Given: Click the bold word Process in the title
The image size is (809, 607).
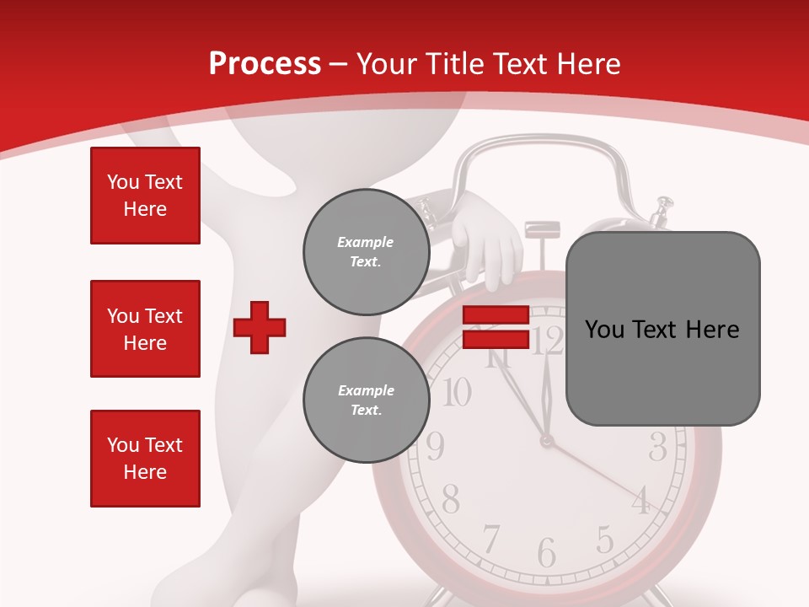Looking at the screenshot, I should coord(265,63).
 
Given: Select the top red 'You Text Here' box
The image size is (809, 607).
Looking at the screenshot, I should coord(145,196).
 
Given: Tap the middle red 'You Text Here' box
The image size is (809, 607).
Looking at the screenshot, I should coord(145,329).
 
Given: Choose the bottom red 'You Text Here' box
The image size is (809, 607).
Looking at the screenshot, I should coord(145,459).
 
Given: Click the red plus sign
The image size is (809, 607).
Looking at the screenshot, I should coord(260,327).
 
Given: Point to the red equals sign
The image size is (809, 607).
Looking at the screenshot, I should coord(496,327).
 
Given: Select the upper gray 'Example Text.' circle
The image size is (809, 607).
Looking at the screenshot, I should coord(367,251).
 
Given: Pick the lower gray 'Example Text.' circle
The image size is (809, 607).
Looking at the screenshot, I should coord(367,400).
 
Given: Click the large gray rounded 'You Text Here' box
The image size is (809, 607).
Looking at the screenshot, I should coord(662,329).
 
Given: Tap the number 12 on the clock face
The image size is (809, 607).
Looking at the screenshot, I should coord(548,341).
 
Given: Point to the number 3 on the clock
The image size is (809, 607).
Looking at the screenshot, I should coord(658,446).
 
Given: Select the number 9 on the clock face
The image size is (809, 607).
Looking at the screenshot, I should coord(435,446).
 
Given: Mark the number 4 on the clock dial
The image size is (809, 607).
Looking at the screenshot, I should coord(641,501).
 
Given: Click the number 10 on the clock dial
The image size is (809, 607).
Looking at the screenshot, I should coord(456,392).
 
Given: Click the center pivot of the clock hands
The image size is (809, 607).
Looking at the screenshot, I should coord(547,440).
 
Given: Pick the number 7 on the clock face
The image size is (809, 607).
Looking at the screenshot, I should coord(490,539).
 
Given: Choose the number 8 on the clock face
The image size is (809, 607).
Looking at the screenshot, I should coord(451,500).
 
